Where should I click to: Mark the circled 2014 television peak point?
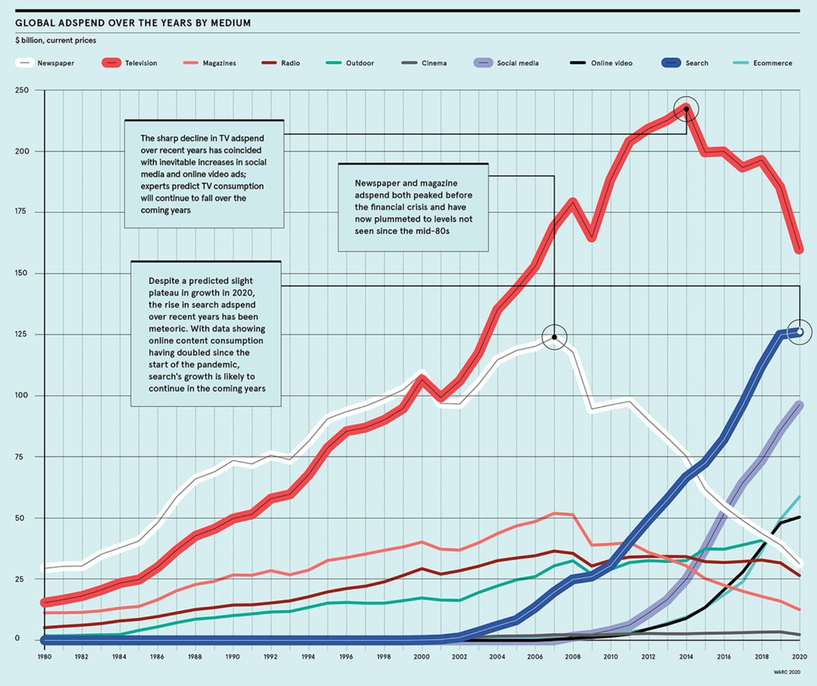pyautogui.click(x=686, y=109)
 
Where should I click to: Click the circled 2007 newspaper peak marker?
pyautogui.click(x=554, y=337)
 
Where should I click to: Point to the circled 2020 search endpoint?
pyautogui.click(x=800, y=332)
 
